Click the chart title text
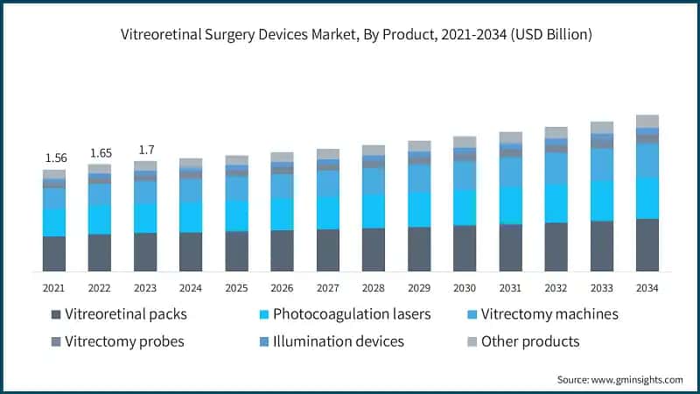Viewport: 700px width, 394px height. point(350,35)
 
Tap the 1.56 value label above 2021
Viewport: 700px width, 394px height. point(54,158)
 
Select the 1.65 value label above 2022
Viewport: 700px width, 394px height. point(100,153)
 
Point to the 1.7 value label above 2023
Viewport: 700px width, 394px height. point(145,149)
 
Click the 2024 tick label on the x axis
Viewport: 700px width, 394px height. point(191,288)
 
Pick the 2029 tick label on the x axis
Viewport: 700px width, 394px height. point(419,288)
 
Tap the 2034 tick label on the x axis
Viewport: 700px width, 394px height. point(647,288)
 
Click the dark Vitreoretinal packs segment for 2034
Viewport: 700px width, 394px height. point(647,245)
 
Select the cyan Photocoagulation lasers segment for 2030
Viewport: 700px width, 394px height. point(465,208)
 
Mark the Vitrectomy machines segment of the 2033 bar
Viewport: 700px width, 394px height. point(602,165)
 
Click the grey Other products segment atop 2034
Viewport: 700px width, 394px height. point(647,121)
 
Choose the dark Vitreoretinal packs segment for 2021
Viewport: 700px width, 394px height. point(54,254)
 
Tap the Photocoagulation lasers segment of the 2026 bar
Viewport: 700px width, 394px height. point(282,214)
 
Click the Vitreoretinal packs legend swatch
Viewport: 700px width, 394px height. point(57,314)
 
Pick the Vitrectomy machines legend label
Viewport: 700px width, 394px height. point(556,314)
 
